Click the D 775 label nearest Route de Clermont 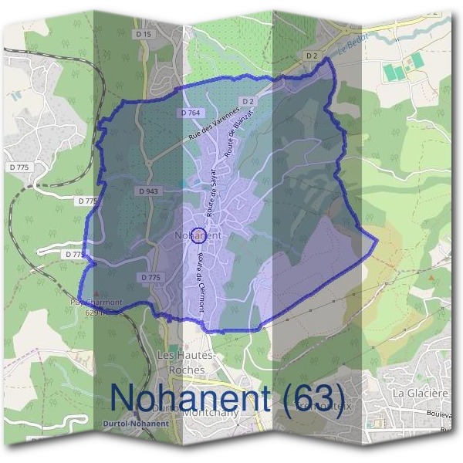pyautogui.click(x=151, y=277)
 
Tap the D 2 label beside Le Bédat pyautogui.click(x=312, y=56)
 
